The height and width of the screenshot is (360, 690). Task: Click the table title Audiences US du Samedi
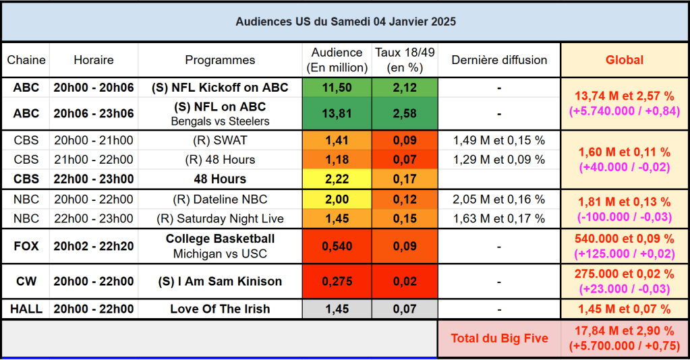(345, 22)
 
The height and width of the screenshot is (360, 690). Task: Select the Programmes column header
(220, 60)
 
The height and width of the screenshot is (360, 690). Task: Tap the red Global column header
(624, 60)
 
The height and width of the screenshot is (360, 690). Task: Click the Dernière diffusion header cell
(499, 60)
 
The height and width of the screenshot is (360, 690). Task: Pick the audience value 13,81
(337, 114)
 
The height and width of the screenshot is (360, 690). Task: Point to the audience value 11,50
(337, 88)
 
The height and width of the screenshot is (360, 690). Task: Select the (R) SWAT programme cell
(220, 141)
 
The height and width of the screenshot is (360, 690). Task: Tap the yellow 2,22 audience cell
(337, 179)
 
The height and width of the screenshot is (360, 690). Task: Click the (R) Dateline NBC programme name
(220, 200)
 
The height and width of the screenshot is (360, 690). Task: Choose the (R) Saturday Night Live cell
(220, 218)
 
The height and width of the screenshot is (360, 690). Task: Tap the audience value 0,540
(337, 246)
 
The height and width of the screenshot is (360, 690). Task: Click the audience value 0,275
(337, 282)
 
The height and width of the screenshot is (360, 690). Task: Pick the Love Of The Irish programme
(220, 309)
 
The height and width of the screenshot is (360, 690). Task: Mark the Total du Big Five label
(499, 339)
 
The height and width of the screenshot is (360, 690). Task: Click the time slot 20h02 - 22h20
(94, 246)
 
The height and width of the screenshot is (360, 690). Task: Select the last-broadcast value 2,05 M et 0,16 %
(499, 200)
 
